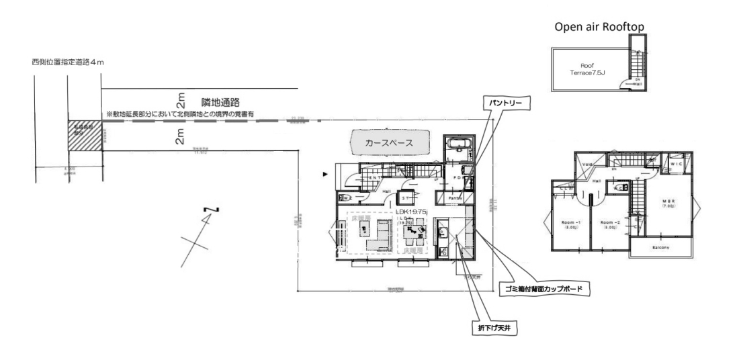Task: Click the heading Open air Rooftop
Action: pyautogui.click(x=600, y=28)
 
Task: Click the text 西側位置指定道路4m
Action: pyautogui.click(x=69, y=62)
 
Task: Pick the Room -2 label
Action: pyautogui.click(x=609, y=223)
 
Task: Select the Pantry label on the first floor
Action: pyautogui.click(x=447, y=198)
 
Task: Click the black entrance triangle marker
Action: pyautogui.click(x=326, y=175)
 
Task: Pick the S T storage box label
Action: pyautogui.click(x=406, y=197)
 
